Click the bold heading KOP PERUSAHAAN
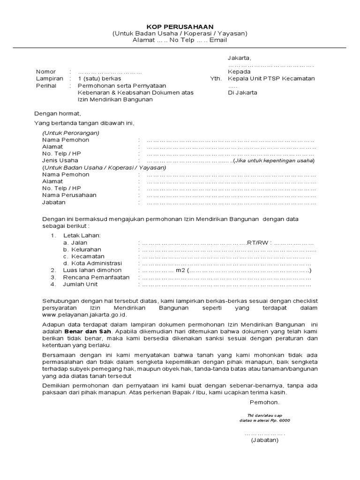[179, 27]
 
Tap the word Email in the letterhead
[218, 40]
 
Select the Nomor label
[45, 71]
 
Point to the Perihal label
[46, 86]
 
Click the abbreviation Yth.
[215, 79]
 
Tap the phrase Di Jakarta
[242, 93]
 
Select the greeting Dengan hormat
[58, 113]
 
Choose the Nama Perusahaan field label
[69, 195]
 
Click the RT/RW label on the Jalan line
[259, 243]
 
